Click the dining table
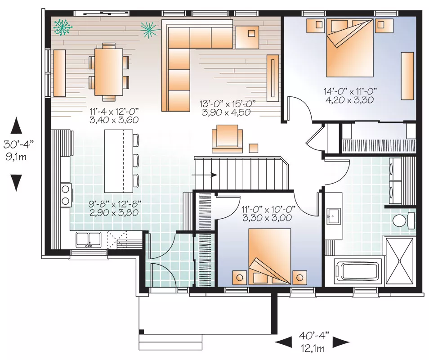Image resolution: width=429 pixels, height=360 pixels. [109, 72]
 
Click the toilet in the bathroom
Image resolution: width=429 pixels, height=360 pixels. [403, 220]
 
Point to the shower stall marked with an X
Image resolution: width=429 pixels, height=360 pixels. [399, 261]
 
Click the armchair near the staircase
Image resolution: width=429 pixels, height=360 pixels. [227, 139]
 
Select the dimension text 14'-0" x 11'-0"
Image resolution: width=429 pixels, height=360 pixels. [350, 90]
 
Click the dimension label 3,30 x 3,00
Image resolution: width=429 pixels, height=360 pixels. [267, 218]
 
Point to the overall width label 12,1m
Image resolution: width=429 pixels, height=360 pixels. [313, 348]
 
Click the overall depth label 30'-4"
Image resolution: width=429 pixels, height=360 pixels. [18, 144]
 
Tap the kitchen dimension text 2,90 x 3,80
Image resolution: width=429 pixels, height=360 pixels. [114, 212]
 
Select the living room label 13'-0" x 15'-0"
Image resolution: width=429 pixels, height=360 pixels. [228, 104]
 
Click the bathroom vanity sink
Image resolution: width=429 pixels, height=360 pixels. [333, 216]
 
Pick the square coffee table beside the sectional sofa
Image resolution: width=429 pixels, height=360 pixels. [247, 37]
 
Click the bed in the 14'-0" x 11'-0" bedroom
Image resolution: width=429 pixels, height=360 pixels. [350, 48]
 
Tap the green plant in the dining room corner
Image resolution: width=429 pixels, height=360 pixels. [63, 27]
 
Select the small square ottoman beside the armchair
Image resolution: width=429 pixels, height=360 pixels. [254, 148]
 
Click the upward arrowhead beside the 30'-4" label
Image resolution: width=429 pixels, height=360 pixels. [17, 125]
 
